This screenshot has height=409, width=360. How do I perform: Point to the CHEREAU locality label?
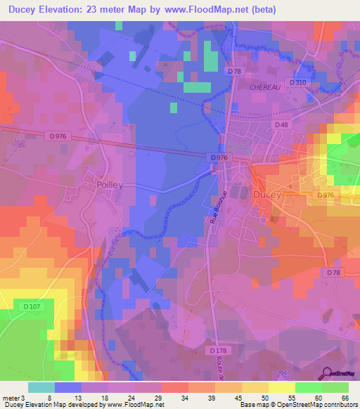(x=265, y=86)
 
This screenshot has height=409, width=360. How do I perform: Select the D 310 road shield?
(x=300, y=83)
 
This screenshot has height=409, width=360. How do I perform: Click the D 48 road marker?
(x=282, y=124)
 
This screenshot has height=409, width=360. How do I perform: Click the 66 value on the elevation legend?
(x=345, y=397)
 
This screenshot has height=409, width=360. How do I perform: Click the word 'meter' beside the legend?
(x=11, y=397)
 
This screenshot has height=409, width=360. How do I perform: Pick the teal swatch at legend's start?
(x=41, y=387)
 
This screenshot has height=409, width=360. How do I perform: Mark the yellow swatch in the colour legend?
(x=281, y=387)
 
